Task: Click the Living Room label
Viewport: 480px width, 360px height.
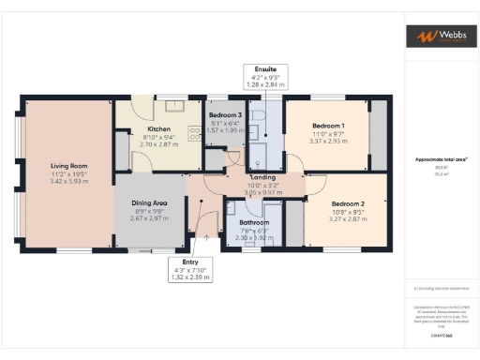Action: point(68,166)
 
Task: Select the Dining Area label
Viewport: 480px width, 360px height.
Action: point(149,202)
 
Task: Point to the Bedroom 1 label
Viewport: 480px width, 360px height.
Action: point(328,126)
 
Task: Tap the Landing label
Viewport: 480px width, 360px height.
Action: point(262,177)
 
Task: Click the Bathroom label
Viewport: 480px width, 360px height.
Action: point(254,222)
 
